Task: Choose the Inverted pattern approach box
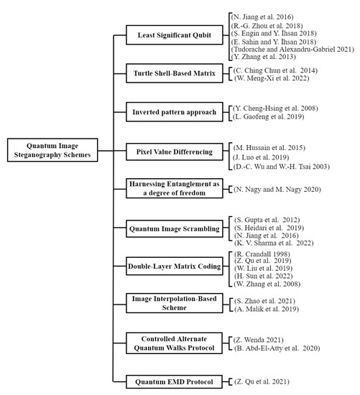169,113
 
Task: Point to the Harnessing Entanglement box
169,188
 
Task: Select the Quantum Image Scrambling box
169,229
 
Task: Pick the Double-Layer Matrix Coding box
169,264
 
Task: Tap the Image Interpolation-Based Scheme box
169,302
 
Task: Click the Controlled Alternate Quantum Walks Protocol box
169,342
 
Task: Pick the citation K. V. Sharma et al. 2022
277,243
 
